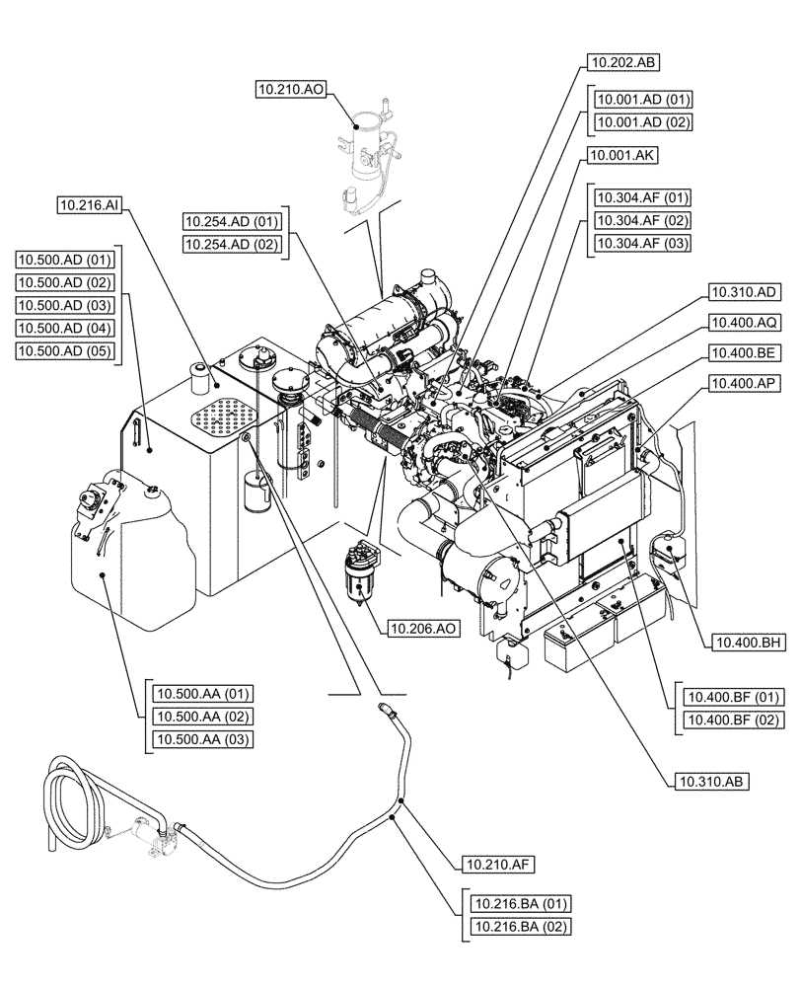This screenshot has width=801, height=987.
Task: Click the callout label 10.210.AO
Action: [289, 90]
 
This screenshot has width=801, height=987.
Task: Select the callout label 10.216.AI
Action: [90, 205]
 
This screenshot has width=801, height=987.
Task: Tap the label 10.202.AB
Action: [622, 61]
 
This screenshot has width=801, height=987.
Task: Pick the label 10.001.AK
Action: [621, 156]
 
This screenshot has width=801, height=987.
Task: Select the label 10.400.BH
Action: [745, 643]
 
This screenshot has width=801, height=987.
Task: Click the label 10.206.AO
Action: [422, 627]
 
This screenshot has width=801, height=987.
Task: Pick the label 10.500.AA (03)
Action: [202, 739]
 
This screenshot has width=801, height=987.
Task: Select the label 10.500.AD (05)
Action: [66, 351]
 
